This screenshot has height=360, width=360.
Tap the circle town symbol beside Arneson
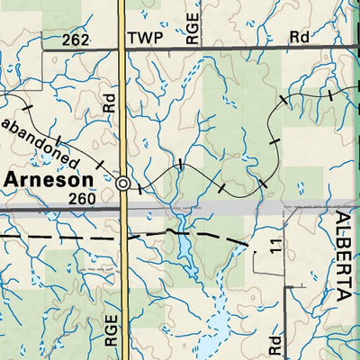pos(122,184)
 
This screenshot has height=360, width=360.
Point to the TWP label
pos(147,39)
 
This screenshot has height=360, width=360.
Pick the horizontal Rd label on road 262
pos(300,37)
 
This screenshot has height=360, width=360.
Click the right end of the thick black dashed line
pos(248,244)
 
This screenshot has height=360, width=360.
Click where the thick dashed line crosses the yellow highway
pos(122,236)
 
